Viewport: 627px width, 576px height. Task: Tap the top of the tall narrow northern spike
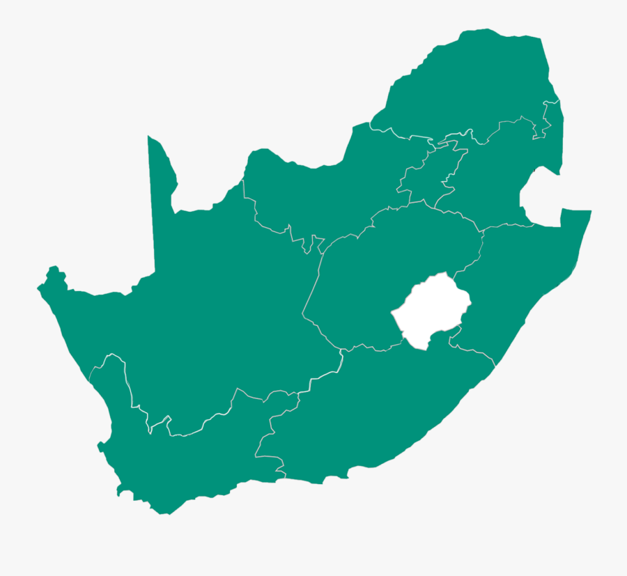point(150,139)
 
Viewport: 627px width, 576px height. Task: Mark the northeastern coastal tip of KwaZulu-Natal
point(589,212)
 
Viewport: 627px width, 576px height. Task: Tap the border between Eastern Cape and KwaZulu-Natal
point(481,352)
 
